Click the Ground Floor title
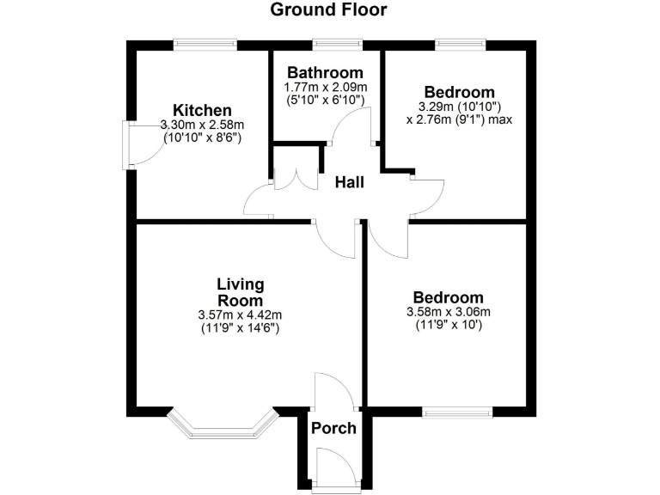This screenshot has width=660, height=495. (x=329, y=10)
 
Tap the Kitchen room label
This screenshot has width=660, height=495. (x=203, y=110)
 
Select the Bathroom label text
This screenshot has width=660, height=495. (x=325, y=72)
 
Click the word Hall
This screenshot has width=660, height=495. (x=350, y=182)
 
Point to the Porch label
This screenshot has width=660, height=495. (x=333, y=428)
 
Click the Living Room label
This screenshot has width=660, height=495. (x=241, y=292)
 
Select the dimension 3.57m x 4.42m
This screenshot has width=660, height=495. (x=240, y=315)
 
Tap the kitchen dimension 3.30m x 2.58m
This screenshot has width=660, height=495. (x=203, y=125)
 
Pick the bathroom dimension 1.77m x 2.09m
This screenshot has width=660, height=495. (x=325, y=88)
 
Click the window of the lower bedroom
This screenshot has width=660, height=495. (x=457, y=413)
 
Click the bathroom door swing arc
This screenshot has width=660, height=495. (x=352, y=126)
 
